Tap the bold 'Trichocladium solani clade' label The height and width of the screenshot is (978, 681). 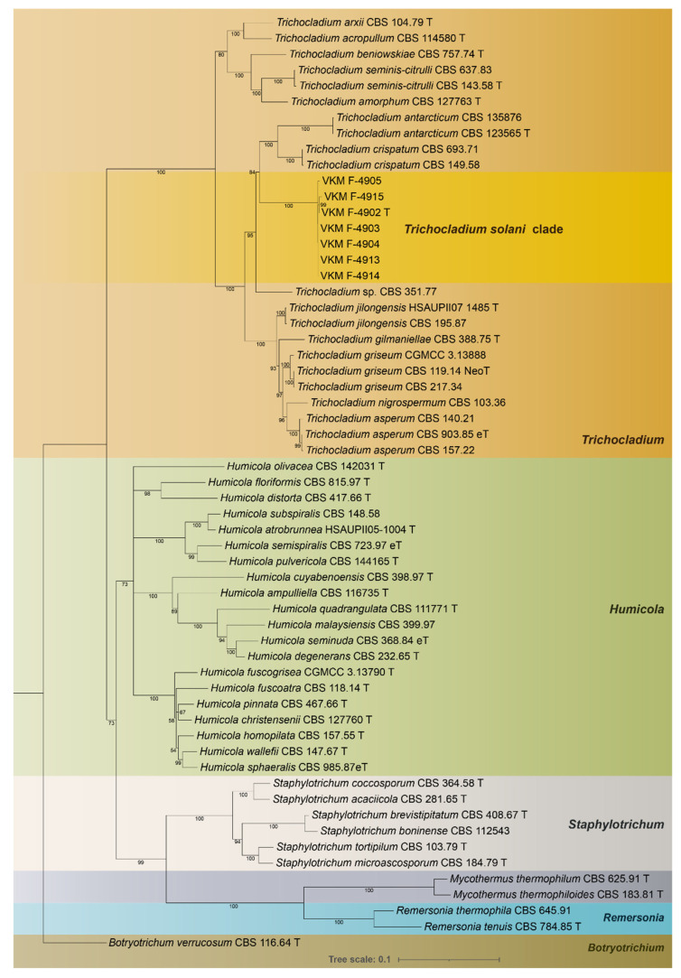click(483, 229)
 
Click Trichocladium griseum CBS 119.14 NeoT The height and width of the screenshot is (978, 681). click(379, 370)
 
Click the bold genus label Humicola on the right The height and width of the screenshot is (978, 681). click(637, 610)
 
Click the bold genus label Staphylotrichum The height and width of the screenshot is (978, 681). click(616, 824)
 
